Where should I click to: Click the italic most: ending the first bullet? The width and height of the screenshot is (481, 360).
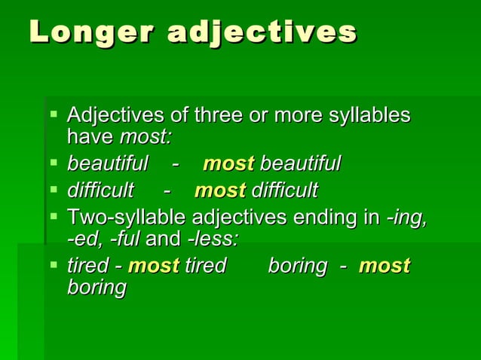click(146, 138)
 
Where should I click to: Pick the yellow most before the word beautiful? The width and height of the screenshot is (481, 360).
click(228, 163)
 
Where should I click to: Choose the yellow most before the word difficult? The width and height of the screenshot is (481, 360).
click(219, 189)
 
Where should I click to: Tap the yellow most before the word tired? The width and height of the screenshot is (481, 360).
click(153, 265)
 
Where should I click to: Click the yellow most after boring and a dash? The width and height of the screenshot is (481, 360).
click(384, 265)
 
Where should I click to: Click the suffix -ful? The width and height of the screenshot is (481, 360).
click(124, 240)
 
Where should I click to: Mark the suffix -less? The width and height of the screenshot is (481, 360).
click(213, 240)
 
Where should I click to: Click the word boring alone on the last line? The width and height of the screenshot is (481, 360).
click(97, 288)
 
